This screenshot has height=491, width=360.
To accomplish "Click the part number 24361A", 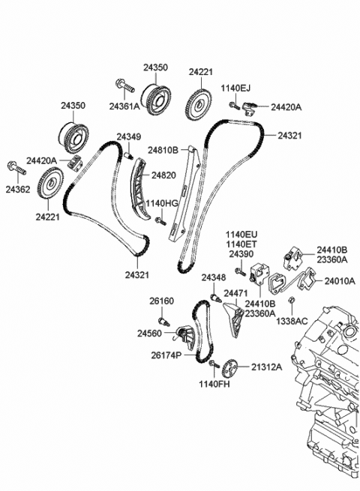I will pyautogui.click(x=124, y=106).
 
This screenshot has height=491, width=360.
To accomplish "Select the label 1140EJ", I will pyautogui.click(x=235, y=88).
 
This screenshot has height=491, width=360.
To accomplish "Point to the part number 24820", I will pyautogui.click(x=164, y=175).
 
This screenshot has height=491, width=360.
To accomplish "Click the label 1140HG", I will pyautogui.click(x=162, y=203).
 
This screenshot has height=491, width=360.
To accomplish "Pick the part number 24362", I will pyautogui.click(x=18, y=190).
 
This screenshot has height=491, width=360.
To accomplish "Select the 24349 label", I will pyautogui.click(x=129, y=137).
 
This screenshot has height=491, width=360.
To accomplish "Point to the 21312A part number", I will pyautogui.click(x=266, y=367).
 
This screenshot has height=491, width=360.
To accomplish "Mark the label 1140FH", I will pyautogui.click(x=214, y=385).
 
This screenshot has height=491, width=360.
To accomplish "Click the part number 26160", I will pyautogui.click(x=160, y=301).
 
